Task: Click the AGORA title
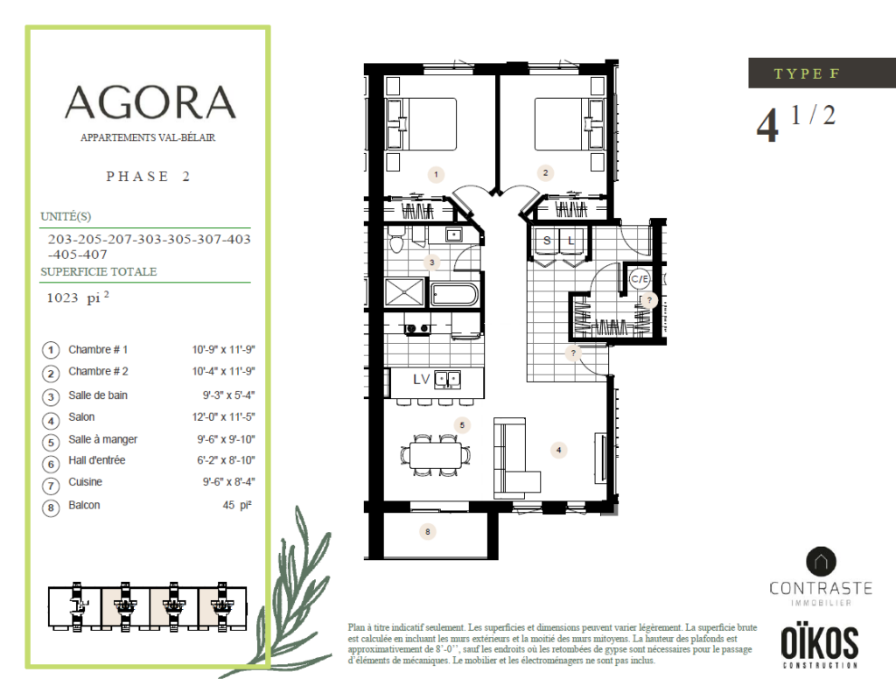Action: click(150, 102)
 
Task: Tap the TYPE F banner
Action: click(822, 73)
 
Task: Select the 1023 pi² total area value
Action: click(78, 297)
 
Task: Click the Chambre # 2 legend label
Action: click(98, 372)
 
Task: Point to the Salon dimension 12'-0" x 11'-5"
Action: click(223, 417)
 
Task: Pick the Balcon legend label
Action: click(84, 506)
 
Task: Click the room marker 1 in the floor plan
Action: click(436, 174)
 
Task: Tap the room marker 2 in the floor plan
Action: click(545, 172)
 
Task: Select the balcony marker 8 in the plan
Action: click(427, 532)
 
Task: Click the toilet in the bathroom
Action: click(395, 239)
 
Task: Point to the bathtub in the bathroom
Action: click(454, 295)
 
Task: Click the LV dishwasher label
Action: click(421, 379)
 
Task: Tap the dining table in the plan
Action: click(436, 455)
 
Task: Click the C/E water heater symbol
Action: click(639, 279)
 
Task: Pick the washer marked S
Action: click(546, 241)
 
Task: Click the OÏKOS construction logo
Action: click(819, 646)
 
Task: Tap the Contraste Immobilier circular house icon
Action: click(821, 562)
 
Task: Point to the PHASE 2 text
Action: click(147, 177)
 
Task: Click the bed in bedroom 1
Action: click(422, 124)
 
